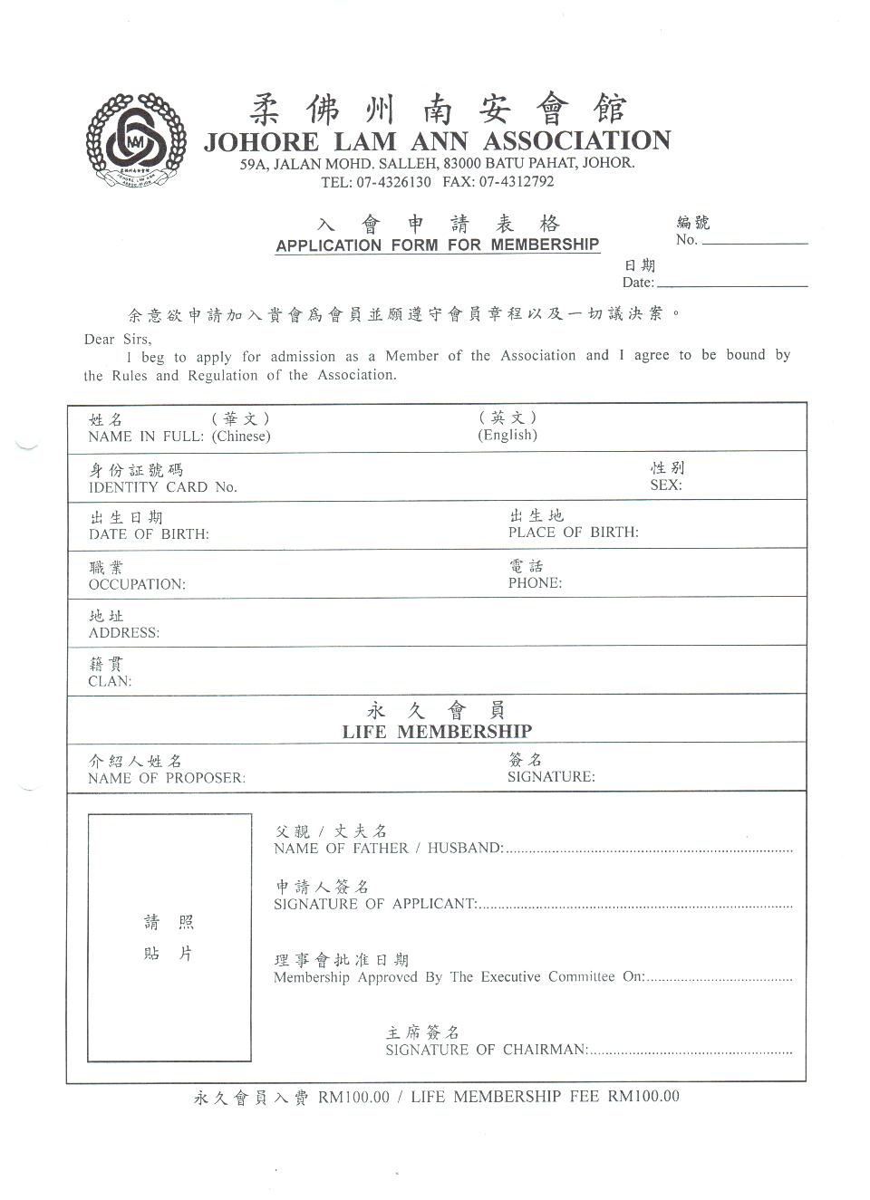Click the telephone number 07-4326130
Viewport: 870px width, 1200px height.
point(393,182)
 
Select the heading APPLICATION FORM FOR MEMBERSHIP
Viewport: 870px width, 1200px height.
point(438,245)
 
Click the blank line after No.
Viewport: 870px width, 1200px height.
point(754,243)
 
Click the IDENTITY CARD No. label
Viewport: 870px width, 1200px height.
point(163,487)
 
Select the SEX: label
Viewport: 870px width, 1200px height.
point(666,485)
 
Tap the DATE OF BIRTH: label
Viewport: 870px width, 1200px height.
point(149,534)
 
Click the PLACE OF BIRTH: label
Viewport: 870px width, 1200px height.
point(573,533)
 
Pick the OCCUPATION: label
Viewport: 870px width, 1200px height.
point(137,585)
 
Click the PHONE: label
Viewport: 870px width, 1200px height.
point(535,583)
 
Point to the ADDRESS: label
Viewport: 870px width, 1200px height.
point(124,633)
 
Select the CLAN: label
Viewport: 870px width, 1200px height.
point(110,682)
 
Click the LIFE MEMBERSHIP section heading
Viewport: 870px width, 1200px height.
point(437,732)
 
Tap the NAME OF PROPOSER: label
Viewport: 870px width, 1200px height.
point(167,779)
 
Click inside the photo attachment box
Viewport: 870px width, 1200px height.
point(169,937)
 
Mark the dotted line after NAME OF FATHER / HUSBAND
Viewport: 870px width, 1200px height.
point(649,851)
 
